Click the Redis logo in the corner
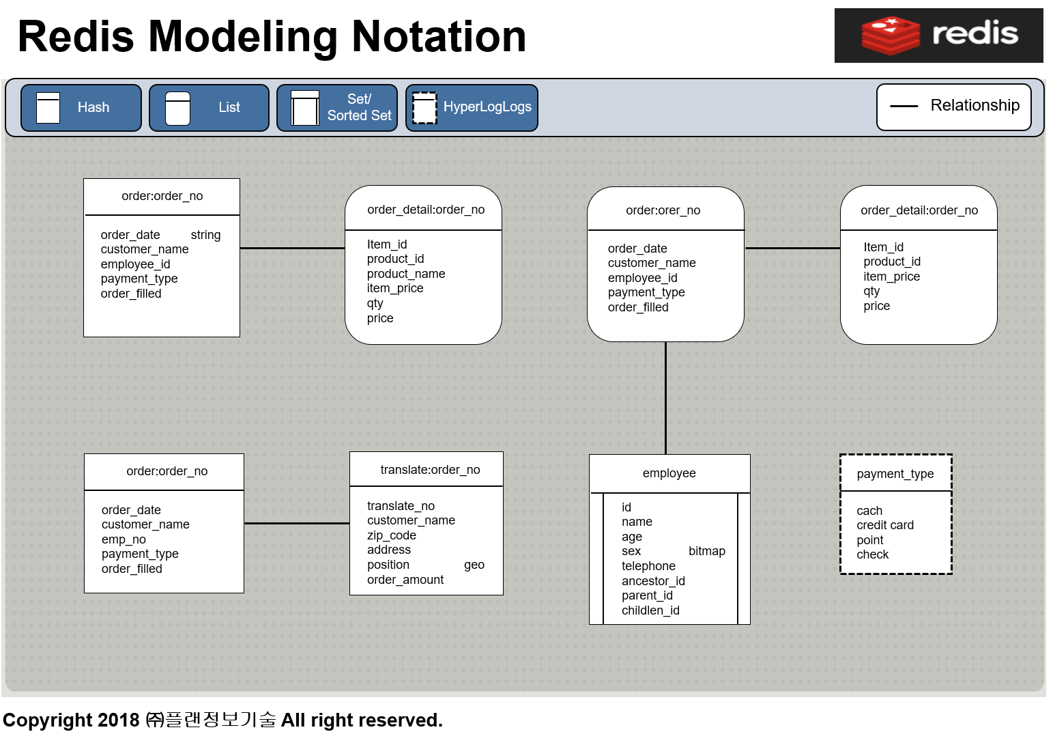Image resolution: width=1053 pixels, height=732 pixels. [x=938, y=36]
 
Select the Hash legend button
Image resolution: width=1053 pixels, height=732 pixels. [x=81, y=108]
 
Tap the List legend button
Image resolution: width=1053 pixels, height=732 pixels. [x=210, y=108]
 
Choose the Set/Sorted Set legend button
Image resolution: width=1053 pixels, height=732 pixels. [x=337, y=108]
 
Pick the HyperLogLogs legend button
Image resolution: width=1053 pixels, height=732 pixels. [x=472, y=108]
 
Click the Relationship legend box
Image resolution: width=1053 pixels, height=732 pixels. [x=954, y=107]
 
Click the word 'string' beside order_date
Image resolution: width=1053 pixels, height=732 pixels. [x=205, y=235]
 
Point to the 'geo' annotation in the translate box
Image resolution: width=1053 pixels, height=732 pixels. [x=474, y=565]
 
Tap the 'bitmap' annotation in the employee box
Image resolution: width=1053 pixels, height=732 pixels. [x=706, y=551]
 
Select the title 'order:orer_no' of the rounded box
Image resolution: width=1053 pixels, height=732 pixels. [x=663, y=210]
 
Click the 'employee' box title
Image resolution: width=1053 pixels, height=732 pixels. [x=669, y=473]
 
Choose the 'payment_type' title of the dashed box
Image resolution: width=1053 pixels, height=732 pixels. [x=895, y=474]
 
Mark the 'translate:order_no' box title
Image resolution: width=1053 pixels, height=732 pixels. [x=430, y=470]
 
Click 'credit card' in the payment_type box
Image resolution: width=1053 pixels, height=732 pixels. [x=884, y=525]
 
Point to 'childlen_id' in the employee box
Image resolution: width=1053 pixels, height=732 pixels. [x=650, y=610]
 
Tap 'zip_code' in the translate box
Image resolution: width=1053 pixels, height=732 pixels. [x=391, y=536]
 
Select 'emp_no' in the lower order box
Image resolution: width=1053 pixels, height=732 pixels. [x=124, y=539]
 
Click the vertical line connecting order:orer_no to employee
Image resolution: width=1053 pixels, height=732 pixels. [x=665, y=398]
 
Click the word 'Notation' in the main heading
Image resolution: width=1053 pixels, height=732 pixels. [x=439, y=37]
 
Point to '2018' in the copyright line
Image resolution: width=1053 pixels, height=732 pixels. [x=119, y=720]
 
